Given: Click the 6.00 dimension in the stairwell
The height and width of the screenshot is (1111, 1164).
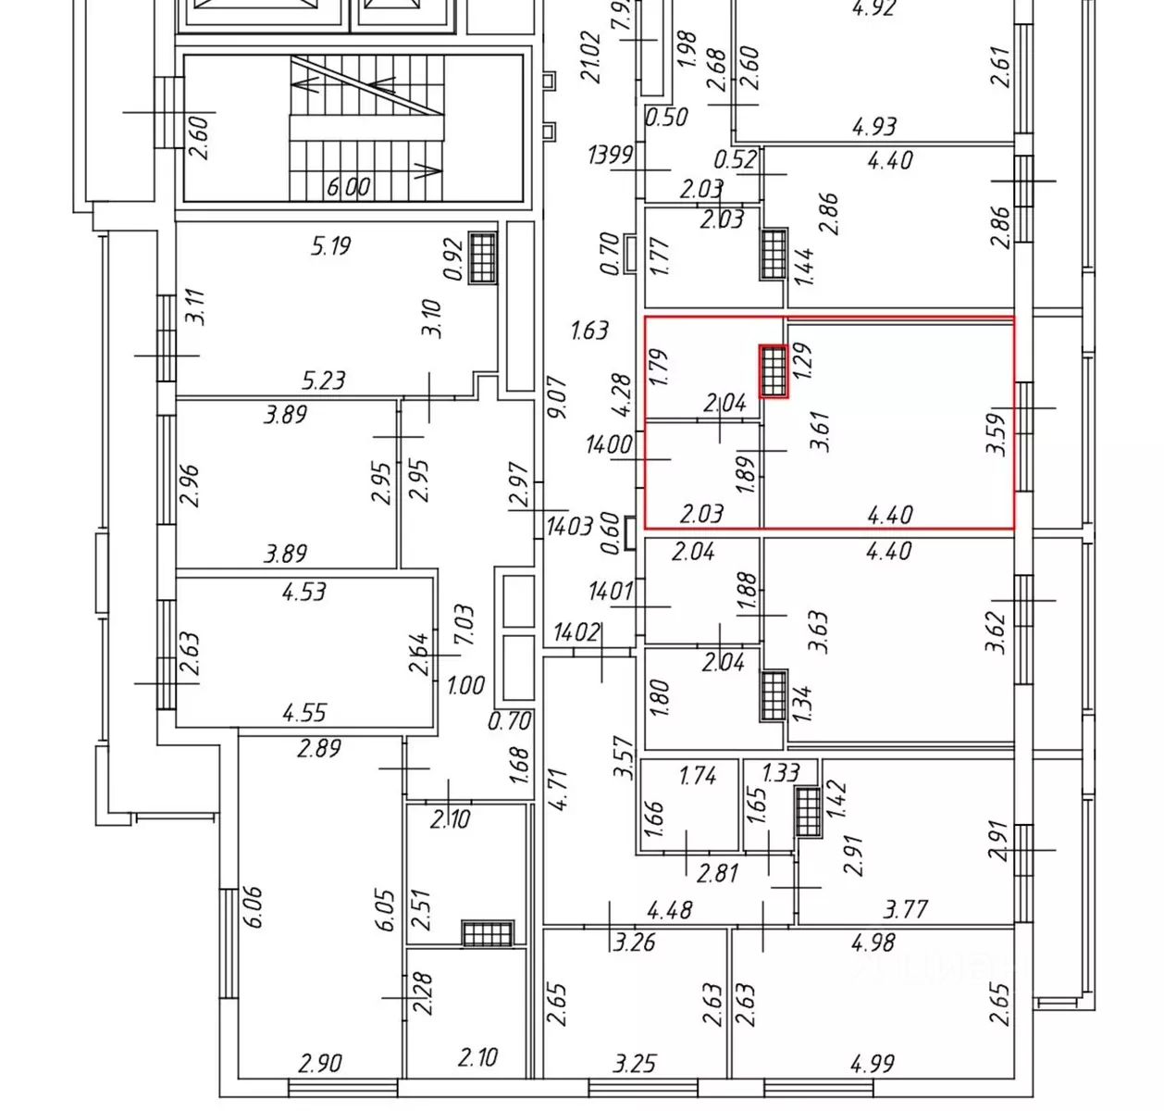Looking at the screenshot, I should [348, 187].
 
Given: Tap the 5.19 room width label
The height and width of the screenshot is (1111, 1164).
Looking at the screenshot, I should [330, 246].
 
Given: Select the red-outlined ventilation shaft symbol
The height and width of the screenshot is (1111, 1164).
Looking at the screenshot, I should [774, 371].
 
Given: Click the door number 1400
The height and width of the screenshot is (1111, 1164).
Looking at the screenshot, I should [609, 445].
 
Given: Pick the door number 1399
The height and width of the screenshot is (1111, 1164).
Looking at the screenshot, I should [611, 155].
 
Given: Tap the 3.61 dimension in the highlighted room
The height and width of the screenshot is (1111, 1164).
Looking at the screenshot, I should [820, 431].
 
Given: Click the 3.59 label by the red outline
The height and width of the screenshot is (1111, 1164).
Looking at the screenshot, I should [996, 433].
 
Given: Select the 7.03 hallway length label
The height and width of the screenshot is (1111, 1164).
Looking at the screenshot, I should [464, 625].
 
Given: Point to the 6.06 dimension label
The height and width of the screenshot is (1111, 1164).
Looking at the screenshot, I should [254, 907].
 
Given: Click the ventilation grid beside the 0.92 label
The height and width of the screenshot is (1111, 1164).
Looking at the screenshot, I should [482, 256].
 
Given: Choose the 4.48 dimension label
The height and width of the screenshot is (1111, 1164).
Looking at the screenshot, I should [669, 910].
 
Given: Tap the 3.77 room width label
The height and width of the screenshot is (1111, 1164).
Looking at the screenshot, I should [905, 909].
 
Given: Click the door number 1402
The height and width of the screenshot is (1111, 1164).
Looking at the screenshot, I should [576, 632].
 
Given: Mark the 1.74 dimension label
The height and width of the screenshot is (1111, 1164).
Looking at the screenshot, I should [698, 775].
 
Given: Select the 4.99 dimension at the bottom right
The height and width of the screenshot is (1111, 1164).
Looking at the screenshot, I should [873, 1064].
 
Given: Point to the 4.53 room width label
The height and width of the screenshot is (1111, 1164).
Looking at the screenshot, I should [303, 591].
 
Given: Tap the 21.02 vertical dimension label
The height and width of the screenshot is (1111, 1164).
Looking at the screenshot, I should [591, 57].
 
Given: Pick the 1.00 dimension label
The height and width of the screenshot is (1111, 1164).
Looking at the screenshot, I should [465, 686].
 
